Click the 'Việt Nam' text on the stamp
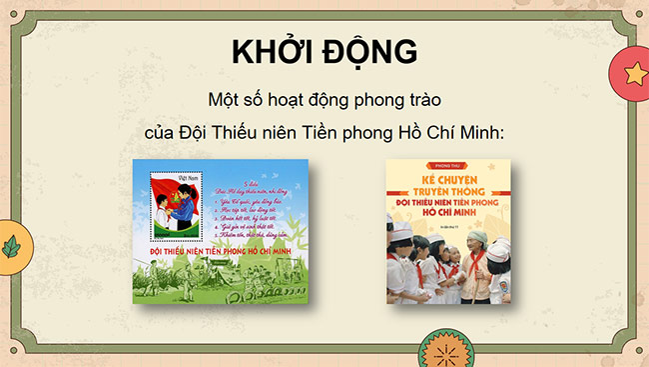click(x=189, y=177)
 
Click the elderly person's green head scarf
click(x=470, y=239)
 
